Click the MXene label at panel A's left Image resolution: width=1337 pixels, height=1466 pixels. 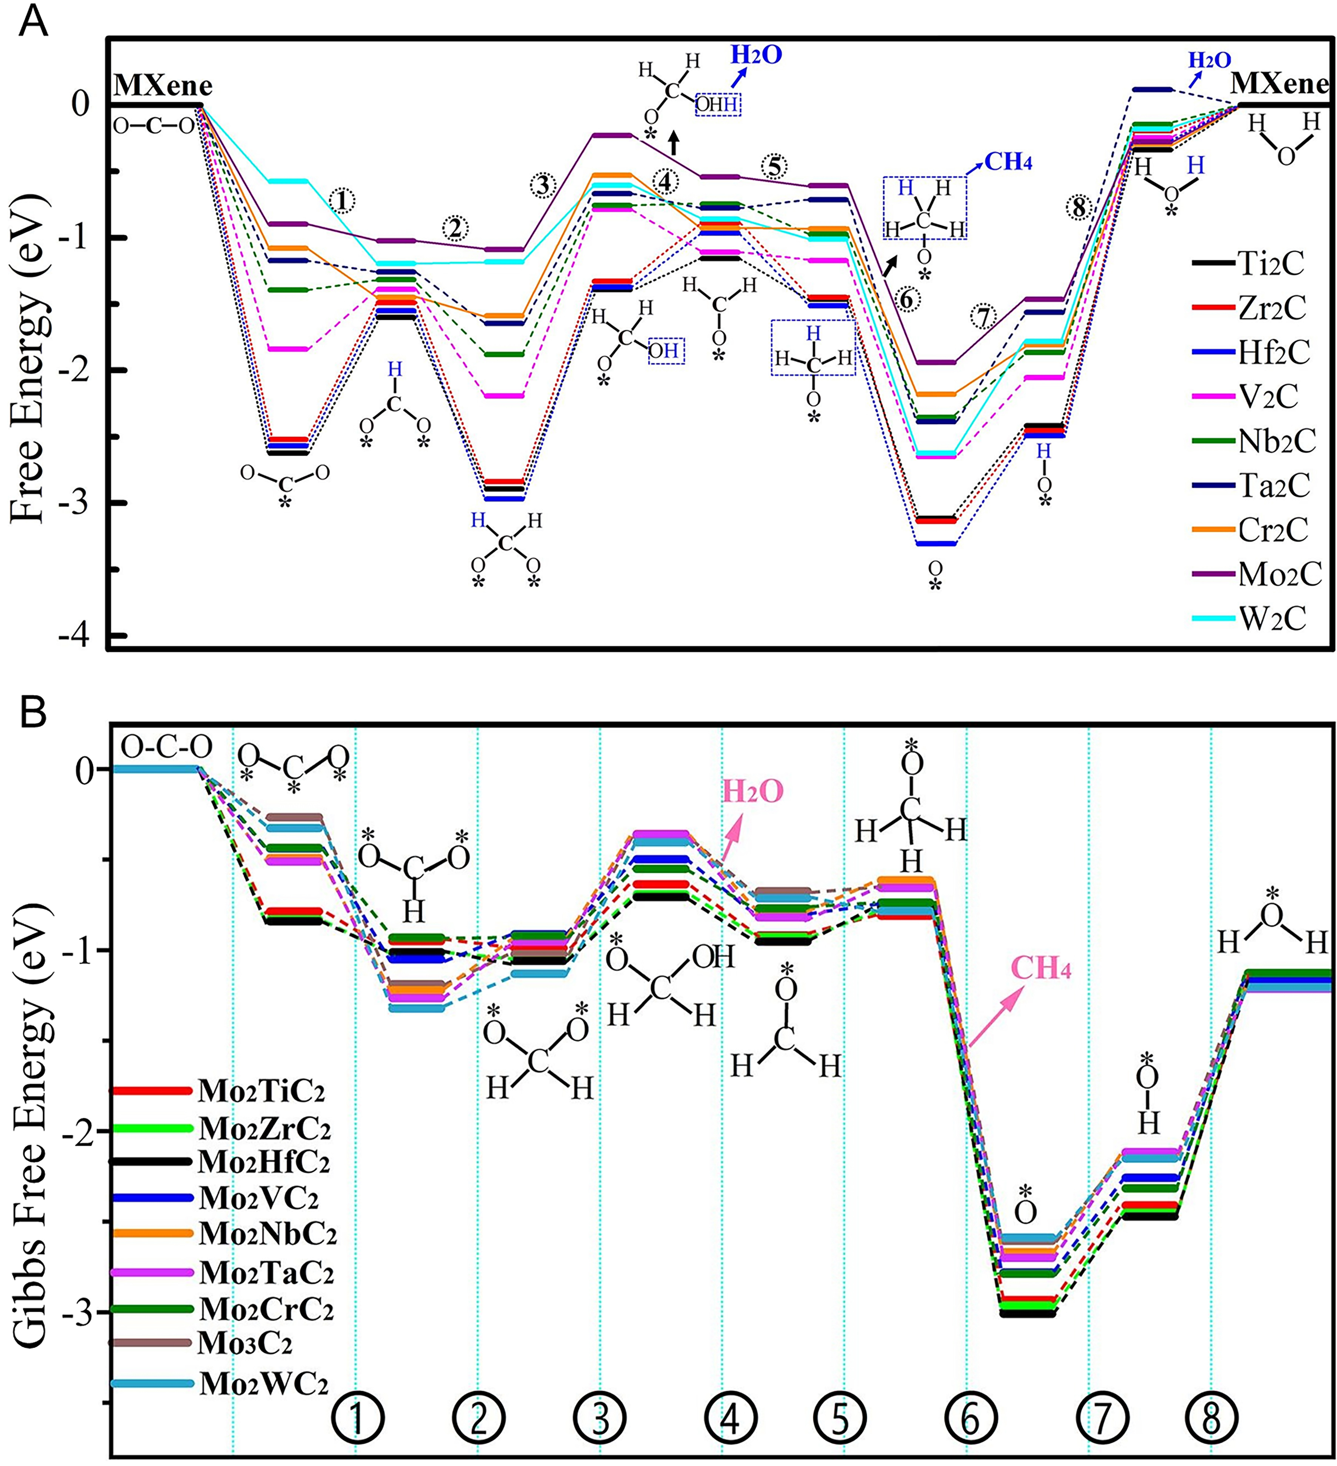coord(163,86)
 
